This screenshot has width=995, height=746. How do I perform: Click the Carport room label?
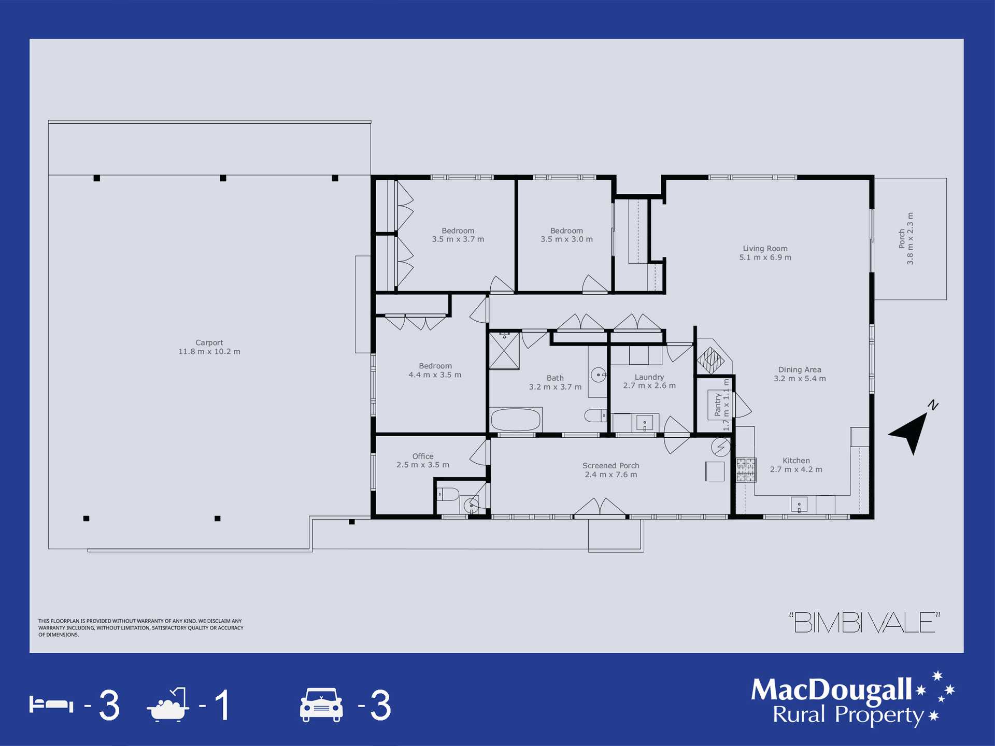pyautogui.click(x=209, y=347)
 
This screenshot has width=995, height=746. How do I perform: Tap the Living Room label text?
pyautogui.click(x=765, y=253)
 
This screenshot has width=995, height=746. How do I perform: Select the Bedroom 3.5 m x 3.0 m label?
pyautogui.click(x=566, y=235)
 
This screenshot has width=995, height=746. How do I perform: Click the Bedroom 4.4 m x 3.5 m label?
pyautogui.click(x=435, y=370)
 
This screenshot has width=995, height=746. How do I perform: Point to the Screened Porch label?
pyautogui.click(x=610, y=470)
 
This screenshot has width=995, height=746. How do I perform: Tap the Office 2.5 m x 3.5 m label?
pyautogui.click(x=423, y=461)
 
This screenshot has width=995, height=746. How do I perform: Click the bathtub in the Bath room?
pyautogui.click(x=515, y=420)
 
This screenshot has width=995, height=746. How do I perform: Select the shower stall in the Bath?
pyautogui.click(x=504, y=351)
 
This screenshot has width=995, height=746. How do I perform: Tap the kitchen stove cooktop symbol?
pyautogui.click(x=746, y=470)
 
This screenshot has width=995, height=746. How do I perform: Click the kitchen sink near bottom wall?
pyautogui.click(x=799, y=504)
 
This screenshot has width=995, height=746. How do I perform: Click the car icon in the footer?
pyautogui.click(x=321, y=705)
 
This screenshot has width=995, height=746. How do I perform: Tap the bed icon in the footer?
pyautogui.click(x=51, y=705)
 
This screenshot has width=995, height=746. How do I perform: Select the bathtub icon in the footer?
pyautogui.click(x=167, y=705)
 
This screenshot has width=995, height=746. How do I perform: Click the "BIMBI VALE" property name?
pyautogui.click(x=864, y=623)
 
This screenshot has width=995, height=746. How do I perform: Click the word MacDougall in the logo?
pyautogui.click(x=831, y=690)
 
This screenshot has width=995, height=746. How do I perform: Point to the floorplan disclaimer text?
pyautogui.click(x=140, y=627)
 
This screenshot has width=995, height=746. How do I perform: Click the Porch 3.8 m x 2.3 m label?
pyautogui.click(x=906, y=239)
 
